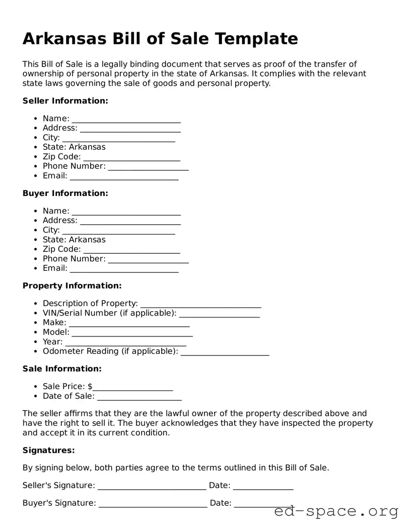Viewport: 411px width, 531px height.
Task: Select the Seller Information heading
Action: coord(65,101)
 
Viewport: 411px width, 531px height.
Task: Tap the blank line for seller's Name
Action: coord(126,119)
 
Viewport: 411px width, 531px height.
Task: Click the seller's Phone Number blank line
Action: coord(148,167)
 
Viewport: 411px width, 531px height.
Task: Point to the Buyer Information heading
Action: coord(65,194)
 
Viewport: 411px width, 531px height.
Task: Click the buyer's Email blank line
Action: coord(124,269)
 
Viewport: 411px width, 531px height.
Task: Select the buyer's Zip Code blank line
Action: coord(131,250)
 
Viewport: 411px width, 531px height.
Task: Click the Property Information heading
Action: coord(72,286)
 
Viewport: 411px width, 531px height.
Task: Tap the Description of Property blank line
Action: coord(201,304)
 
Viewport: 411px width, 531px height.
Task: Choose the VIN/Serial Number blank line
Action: coord(219,314)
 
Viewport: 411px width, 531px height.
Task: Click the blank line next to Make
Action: coord(129,323)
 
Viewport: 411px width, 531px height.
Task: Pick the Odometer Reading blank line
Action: coord(224,352)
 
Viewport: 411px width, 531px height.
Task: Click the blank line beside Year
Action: coord(126,342)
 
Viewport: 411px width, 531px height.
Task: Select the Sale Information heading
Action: coord(62,369)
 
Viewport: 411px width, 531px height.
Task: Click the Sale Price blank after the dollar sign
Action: coord(133,387)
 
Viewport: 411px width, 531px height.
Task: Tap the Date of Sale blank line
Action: coord(139,397)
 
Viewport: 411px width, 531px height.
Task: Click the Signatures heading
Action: coord(49,451)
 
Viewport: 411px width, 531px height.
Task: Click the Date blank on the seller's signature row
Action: coord(263,486)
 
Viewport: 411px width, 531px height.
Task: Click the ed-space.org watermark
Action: coord(336,512)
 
